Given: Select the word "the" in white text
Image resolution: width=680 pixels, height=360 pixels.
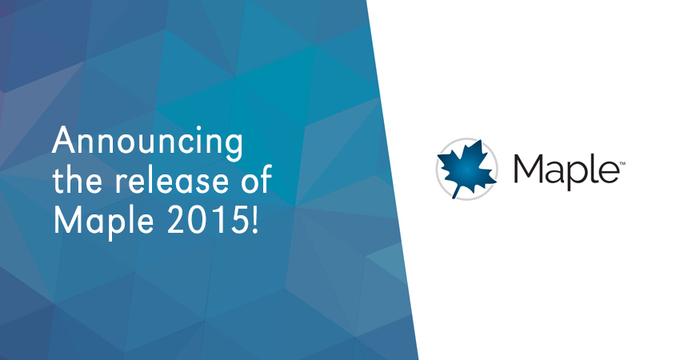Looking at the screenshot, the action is tap(79, 179).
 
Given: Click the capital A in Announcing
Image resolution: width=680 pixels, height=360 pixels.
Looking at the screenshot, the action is tap(65, 141).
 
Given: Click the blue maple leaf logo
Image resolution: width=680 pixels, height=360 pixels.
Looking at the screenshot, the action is tap(466, 168).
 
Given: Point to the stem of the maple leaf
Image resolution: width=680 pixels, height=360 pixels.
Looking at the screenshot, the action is tap(456, 191).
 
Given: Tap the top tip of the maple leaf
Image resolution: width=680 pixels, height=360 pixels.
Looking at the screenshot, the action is tap(481, 140).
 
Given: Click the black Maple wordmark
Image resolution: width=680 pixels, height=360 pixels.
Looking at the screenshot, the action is tap(566, 171).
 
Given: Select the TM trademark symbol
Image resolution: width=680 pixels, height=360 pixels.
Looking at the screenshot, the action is tap(622, 163).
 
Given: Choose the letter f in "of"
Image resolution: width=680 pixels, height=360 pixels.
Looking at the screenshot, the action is tap(266, 178).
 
